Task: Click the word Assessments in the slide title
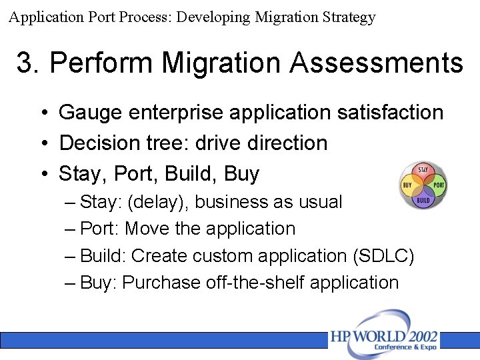tap(376, 63)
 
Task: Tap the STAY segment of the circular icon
tap(423, 171)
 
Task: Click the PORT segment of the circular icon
tap(438, 185)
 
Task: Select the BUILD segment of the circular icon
tap(423, 199)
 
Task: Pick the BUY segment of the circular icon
tap(407, 185)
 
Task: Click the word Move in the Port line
tap(147, 229)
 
